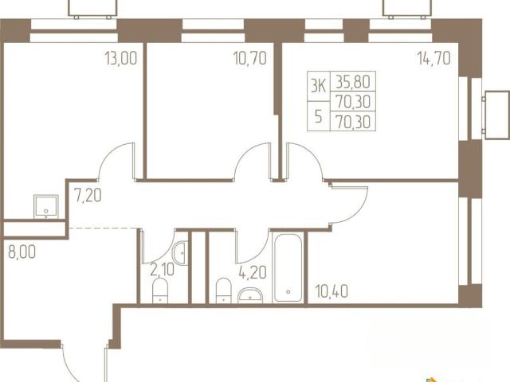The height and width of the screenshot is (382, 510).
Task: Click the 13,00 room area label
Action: pos(121,58)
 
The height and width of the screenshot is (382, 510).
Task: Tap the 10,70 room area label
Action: pos(250,58)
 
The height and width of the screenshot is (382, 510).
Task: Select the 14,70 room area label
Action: pos(434,58)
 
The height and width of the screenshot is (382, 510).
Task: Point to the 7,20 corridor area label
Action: pos(88,195)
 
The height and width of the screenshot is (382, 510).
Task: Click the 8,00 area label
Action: pos(22,252)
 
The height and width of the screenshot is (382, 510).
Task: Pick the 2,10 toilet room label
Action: pos(162,269)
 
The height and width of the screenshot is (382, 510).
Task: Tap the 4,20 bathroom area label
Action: pos(253,272)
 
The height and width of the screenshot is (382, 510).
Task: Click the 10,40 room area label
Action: pos(331,291)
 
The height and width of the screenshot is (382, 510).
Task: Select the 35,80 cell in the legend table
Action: pos(353,81)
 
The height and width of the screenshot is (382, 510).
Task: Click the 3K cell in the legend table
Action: pos(319,86)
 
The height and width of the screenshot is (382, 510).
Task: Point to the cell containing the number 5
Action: pos(319,116)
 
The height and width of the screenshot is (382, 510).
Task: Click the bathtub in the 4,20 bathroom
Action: pos(288,267)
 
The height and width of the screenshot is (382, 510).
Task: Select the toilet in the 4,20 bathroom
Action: pos(223,290)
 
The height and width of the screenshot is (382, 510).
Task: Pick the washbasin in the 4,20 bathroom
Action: pos(250,295)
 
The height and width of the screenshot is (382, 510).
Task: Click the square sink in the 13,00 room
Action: pos(46,206)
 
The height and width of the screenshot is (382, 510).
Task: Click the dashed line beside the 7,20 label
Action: pos(103,228)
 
